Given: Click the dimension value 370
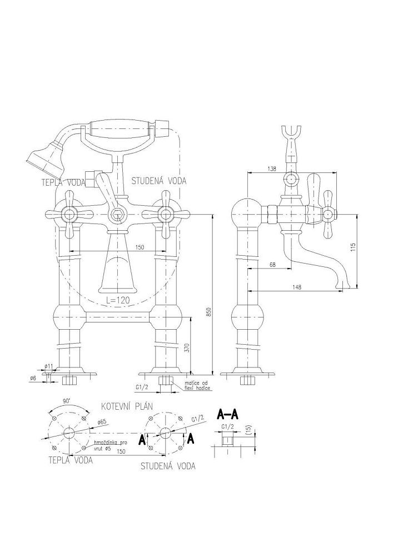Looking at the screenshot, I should tap(187, 348).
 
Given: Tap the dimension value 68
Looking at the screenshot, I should tap(272, 265).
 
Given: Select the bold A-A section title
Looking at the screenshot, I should tap(228, 414).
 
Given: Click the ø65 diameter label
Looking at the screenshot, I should tap(101, 423).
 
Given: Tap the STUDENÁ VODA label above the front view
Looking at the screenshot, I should tap(159, 181).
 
